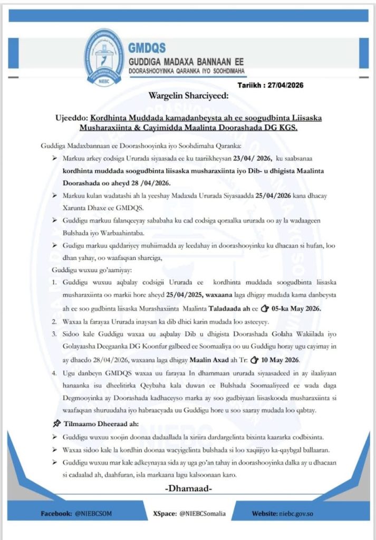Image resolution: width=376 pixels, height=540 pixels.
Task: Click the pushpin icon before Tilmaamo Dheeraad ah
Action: click(x=56, y=423)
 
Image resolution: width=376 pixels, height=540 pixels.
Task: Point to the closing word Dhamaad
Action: click(x=188, y=489)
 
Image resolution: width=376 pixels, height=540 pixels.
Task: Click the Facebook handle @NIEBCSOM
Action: click(x=93, y=513)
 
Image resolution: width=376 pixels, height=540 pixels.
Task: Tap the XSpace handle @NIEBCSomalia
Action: click(x=203, y=513)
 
